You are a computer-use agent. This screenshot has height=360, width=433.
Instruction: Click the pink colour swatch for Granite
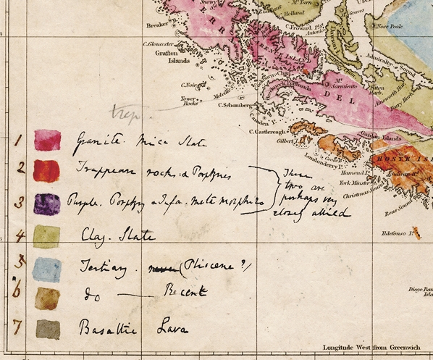tap(48, 140)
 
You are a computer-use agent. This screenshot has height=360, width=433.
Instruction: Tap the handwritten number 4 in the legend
tap(20, 235)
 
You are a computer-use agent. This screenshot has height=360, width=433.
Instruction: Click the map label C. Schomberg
tap(240, 104)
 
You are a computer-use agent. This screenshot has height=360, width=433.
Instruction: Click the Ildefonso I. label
tap(402, 234)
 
